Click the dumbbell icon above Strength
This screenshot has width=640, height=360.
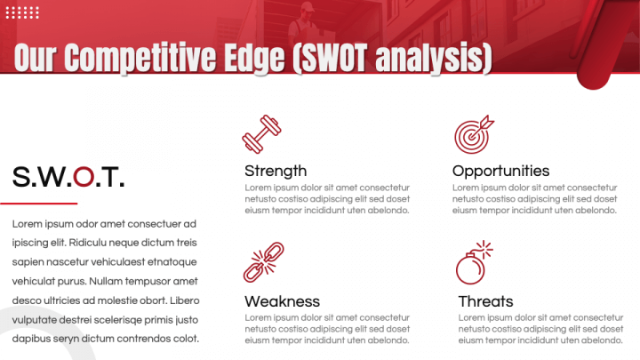(261, 134)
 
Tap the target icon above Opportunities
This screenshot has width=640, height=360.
(474, 134)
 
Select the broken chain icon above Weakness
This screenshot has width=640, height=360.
(264, 262)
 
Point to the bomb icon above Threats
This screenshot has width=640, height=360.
(475, 262)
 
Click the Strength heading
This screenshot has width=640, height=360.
(276, 171)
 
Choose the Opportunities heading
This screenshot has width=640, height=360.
(500, 171)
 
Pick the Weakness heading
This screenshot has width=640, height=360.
(282, 301)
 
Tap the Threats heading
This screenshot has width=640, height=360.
(485, 301)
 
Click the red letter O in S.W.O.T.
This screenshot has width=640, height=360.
(84, 177)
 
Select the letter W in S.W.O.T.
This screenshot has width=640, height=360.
(52, 177)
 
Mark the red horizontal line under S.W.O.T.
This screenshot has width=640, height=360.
(39, 204)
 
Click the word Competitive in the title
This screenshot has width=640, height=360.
(140, 59)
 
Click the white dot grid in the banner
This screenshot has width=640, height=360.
(22, 12)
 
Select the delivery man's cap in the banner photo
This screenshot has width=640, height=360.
(307, 6)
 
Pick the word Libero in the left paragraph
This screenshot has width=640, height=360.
(185, 300)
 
